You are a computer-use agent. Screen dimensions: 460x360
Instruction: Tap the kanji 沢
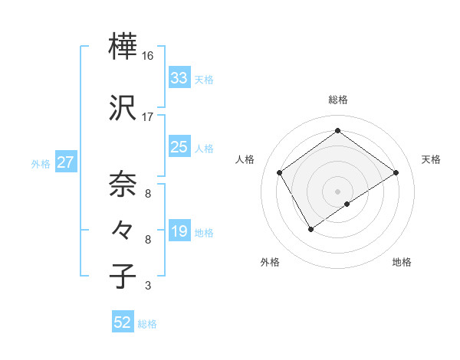[123, 110]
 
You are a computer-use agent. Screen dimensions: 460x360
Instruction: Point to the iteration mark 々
[123, 229]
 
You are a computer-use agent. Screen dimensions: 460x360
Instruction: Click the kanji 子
[123, 275]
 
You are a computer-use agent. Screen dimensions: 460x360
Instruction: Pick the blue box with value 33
[179, 78]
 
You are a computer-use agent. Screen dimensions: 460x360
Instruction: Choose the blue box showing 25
[179, 147]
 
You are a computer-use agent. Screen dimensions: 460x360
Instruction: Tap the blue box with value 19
[179, 231]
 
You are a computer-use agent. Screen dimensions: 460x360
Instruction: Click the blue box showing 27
[65, 162]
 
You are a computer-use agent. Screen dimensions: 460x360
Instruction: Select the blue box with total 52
[123, 322]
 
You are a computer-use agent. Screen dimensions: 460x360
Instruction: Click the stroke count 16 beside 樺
[148, 56]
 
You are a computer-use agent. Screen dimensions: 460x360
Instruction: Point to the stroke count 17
[148, 117]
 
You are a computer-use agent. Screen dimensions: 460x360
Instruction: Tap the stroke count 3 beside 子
[148, 286]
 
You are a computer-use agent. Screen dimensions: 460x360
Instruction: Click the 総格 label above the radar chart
[338, 100]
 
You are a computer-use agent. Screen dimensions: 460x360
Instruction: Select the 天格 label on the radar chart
[432, 159]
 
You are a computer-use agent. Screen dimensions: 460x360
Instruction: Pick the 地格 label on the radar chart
[402, 262]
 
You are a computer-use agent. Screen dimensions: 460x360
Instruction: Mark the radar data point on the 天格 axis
[396, 172]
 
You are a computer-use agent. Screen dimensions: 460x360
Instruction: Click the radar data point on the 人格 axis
[280, 172]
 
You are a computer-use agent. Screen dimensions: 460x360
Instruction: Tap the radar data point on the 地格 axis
[347, 204]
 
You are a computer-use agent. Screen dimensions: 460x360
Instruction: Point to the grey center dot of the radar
[338, 191]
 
